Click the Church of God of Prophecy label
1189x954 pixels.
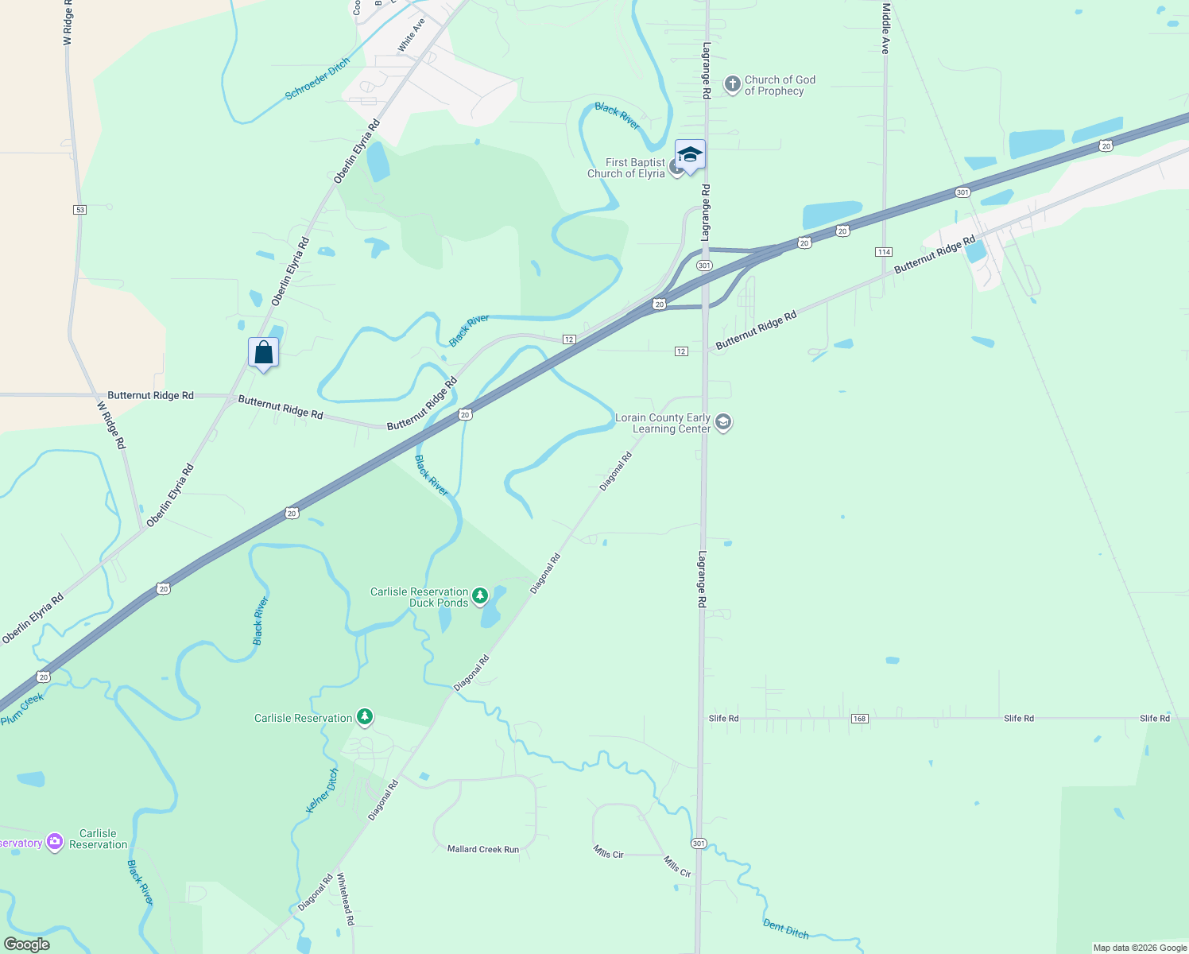coord(779,85)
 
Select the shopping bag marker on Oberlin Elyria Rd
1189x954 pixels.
coord(263,352)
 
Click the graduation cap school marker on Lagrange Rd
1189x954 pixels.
coord(690,154)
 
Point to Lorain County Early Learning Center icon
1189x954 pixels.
coord(723,422)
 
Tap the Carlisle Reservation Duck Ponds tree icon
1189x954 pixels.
coord(480,596)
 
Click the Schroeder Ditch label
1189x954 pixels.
coord(317,79)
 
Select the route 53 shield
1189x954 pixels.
coord(79,210)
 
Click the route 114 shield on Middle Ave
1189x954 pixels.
coord(884,252)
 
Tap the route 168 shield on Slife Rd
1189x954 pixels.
coord(859,719)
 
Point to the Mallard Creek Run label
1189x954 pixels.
coord(482,850)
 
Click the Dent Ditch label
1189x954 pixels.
coord(785,929)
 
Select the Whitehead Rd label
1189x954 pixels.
coord(345,899)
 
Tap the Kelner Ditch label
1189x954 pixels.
coord(322,790)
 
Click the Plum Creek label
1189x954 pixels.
coord(22,709)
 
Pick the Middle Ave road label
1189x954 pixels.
coord(886,29)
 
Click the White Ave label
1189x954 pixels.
coord(411,36)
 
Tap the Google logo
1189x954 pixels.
coord(27,944)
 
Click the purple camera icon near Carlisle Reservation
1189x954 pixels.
coord(55,842)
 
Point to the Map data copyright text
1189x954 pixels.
coord(1140,948)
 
